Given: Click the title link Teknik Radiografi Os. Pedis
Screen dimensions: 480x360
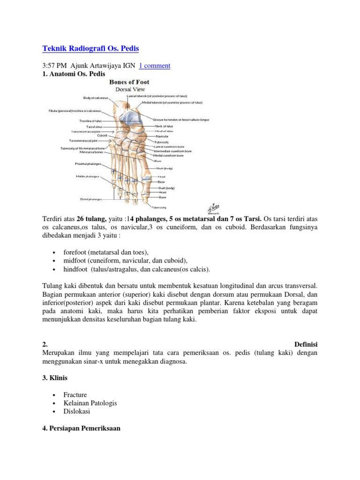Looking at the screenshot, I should tap(90, 49).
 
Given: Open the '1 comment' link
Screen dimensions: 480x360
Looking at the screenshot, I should tap(154, 66).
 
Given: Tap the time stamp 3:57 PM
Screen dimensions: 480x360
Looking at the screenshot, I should tap(55, 66).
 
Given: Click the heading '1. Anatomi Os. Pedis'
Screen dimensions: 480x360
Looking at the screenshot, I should tap(74, 74).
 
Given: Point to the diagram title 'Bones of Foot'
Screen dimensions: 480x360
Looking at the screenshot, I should tap(129, 82).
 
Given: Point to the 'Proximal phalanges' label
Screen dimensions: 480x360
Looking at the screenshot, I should tap(87, 164).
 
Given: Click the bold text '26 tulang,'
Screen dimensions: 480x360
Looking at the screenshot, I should tap(88, 219).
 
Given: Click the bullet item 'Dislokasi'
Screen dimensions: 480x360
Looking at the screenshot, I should tap(76, 412).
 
